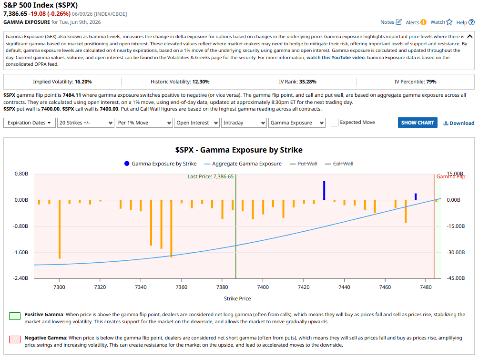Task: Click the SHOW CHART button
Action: point(418,123)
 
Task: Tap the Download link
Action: point(459,123)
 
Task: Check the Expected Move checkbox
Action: point(335,123)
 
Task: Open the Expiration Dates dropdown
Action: point(30,123)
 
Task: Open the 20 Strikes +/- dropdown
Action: point(85,123)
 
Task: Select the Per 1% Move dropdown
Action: point(144,123)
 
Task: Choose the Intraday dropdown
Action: point(244,123)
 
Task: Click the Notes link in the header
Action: point(391,22)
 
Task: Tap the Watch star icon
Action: point(449,22)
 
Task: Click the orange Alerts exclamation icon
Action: point(423,22)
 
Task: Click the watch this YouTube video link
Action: point(336,57)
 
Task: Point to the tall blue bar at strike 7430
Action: point(324,191)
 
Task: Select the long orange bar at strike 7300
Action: point(59,229)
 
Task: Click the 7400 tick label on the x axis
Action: point(263,287)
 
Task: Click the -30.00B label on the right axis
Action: point(456,252)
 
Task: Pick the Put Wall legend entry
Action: point(303,164)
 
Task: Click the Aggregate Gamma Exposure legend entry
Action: point(243,164)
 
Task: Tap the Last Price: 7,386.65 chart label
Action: point(211,176)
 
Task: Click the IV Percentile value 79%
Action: point(431,82)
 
